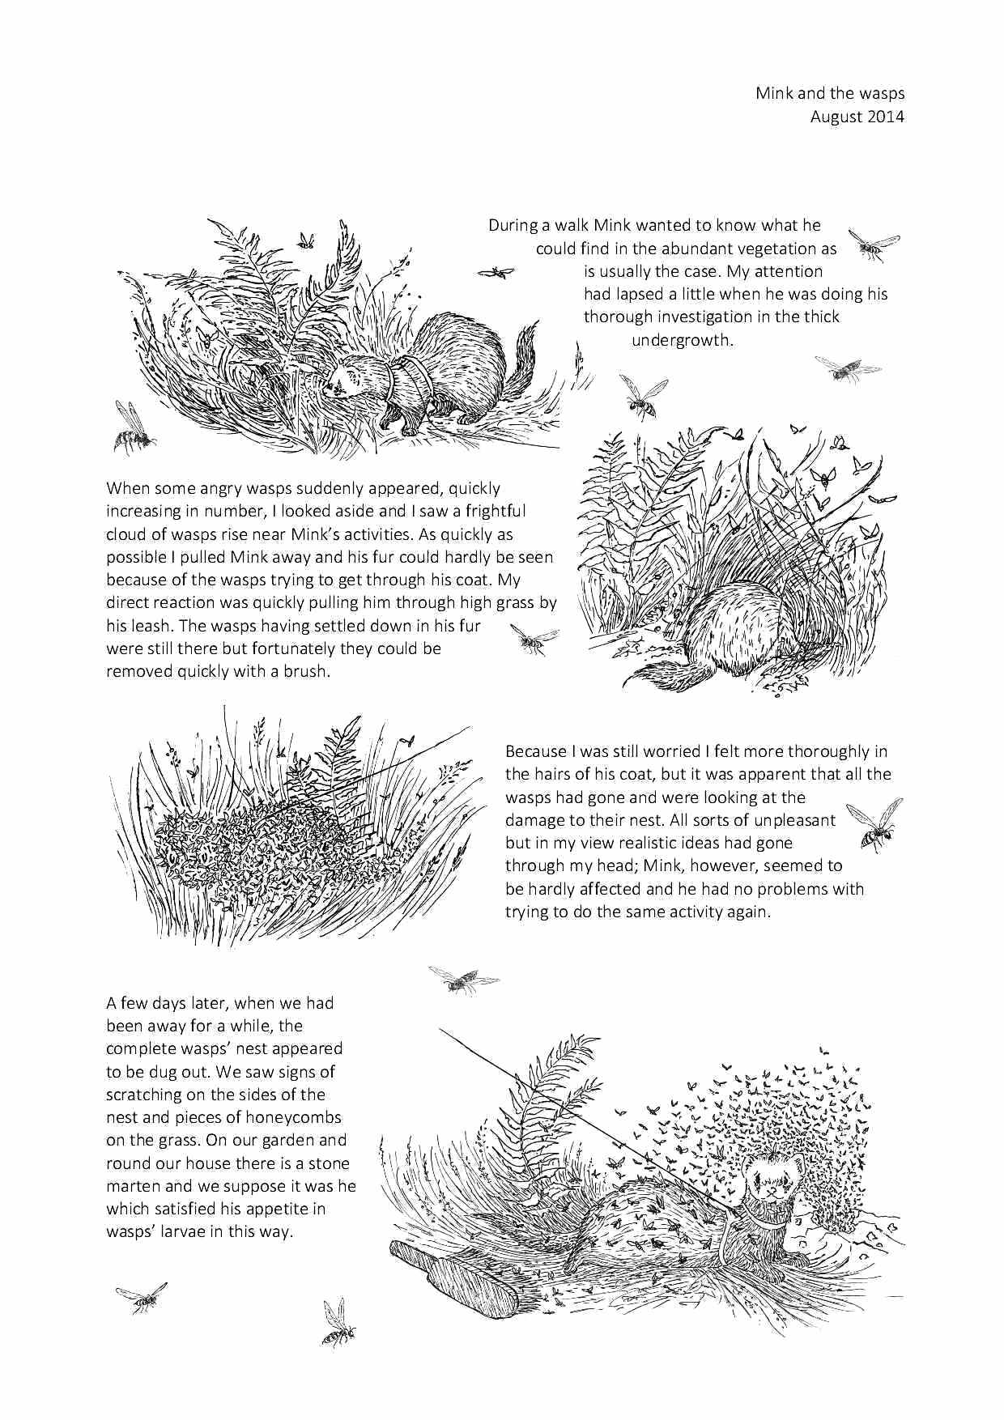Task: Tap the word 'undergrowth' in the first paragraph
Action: coord(682,340)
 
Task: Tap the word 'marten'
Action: coord(134,1186)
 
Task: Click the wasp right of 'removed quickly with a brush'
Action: coord(532,640)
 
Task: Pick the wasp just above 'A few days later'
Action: coord(463,980)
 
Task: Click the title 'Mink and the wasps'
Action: coord(830,93)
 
